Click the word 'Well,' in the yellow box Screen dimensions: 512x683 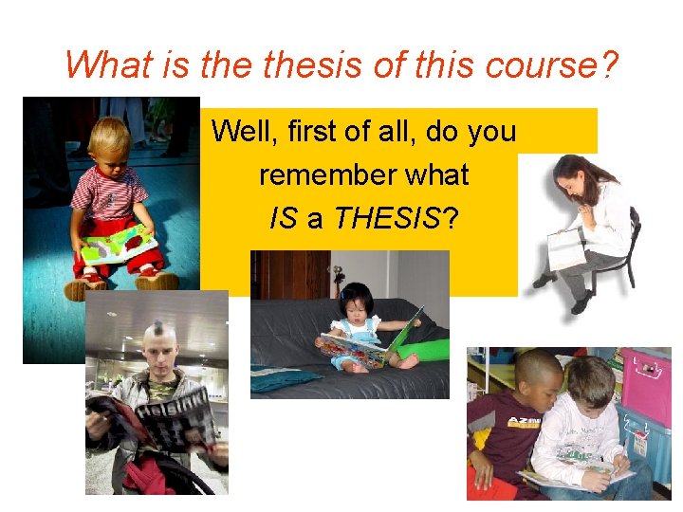[x=240, y=131]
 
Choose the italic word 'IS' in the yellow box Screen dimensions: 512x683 [x=284, y=220]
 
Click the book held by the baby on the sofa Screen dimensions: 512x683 [x=370, y=345]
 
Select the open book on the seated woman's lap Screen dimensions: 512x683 [x=567, y=248]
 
